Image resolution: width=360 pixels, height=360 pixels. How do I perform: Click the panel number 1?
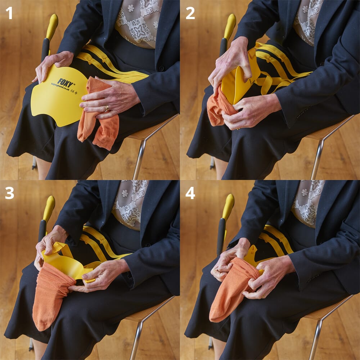pos(9,13)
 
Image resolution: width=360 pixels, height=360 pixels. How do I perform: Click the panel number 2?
pos(190,13)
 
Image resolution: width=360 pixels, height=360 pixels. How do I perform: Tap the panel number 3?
pos(9,193)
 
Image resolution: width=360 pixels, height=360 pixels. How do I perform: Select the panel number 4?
pos(190,193)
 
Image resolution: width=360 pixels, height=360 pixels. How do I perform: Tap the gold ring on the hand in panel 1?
pos(107,108)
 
